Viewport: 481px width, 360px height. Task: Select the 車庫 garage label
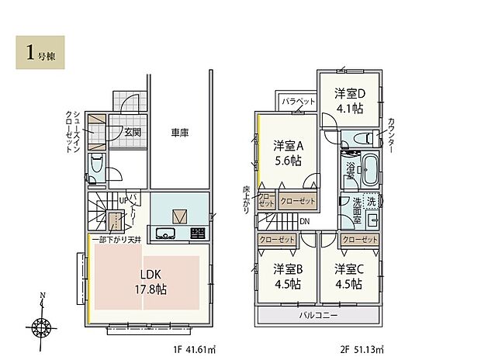(x=179, y=133)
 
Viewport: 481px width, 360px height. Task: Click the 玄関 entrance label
(x=133, y=132)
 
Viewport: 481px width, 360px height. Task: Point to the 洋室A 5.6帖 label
(x=287, y=154)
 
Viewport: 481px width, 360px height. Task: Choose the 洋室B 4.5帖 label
(x=287, y=277)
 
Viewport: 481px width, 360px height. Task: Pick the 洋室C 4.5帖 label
(x=349, y=277)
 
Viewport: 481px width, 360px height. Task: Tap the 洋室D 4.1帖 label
(x=350, y=101)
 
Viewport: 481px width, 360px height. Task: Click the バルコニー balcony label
(x=318, y=317)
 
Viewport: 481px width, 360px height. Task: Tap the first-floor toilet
(x=97, y=166)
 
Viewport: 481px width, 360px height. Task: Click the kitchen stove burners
(x=197, y=234)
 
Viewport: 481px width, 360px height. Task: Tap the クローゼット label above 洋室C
(x=359, y=241)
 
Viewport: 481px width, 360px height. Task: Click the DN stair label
(x=306, y=222)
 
